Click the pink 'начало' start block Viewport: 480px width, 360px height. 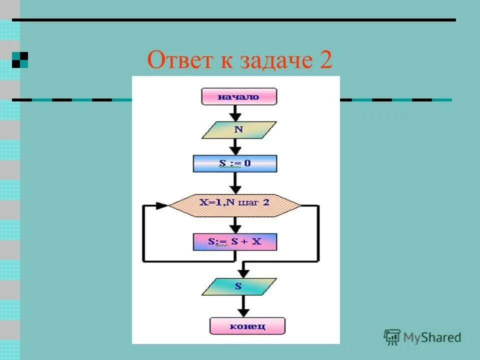click(x=238, y=96)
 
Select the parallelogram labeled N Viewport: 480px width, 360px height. click(x=238, y=129)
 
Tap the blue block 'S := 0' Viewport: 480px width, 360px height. click(x=235, y=163)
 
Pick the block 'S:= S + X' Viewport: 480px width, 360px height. click(x=234, y=242)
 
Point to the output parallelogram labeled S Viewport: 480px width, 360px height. click(x=238, y=286)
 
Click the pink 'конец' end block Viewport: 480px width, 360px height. click(x=247, y=326)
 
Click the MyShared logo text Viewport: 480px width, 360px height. click(x=432, y=337)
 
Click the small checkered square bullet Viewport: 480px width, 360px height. click(x=20, y=60)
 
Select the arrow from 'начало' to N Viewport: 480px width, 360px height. click(x=235, y=112)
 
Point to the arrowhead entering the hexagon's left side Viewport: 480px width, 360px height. click(x=161, y=205)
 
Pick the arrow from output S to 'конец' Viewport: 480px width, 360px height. click(x=243, y=305)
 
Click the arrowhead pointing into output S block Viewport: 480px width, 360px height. click(x=243, y=273)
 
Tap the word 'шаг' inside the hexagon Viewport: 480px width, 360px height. click(x=250, y=204)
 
